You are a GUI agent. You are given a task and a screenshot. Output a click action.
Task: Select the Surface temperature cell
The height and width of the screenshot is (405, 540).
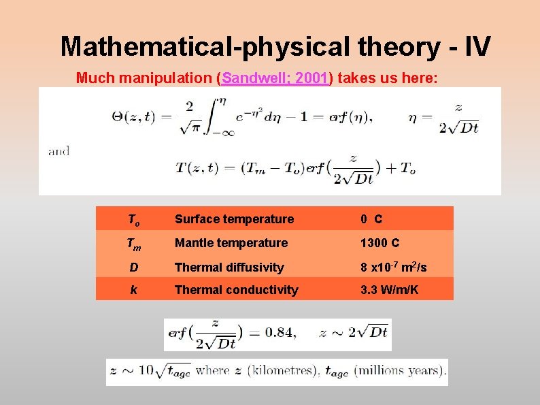(x=234, y=219)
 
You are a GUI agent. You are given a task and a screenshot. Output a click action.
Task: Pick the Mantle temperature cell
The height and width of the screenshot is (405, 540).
(x=231, y=243)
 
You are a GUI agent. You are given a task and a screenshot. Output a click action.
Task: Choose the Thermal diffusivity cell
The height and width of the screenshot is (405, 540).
(x=229, y=268)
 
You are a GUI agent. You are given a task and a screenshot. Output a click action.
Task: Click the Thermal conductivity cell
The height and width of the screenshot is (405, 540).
(x=236, y=290)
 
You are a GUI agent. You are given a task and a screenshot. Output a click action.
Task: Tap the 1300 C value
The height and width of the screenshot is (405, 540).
(x=379, y=243)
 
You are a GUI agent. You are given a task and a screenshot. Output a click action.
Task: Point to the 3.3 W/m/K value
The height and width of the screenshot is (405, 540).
(x=390, y=290)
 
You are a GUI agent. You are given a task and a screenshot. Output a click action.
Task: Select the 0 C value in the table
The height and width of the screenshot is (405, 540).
(x=371, y=219)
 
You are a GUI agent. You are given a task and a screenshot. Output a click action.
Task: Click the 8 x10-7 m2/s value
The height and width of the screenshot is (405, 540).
(x=394, y=267)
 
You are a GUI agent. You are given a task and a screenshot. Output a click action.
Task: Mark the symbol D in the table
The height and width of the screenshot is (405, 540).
(x=134, y=268)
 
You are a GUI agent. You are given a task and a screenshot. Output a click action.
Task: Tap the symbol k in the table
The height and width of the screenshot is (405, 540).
(x=134, y=290)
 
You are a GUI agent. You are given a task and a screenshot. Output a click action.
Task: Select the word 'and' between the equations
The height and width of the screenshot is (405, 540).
(x=58, y=151)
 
